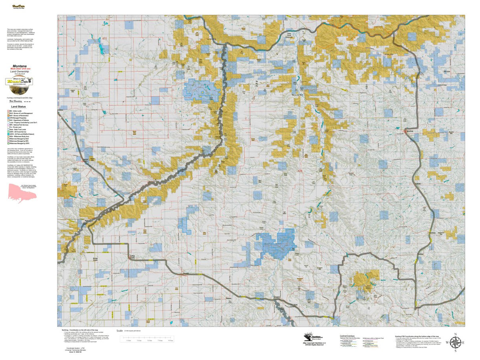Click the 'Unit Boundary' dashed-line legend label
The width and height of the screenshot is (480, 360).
[x=15, y=101]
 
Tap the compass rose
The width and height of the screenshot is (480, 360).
[x=455, y=342]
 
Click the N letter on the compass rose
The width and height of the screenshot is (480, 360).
[x=455, y=334]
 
